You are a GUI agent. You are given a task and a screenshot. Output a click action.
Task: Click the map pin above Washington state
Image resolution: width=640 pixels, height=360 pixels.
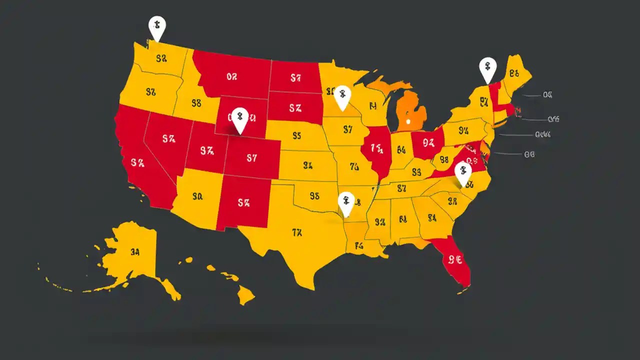pyautogui.click(x=157, y=26)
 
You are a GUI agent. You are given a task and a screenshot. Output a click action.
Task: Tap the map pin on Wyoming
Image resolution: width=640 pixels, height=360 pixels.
pyautogui.click(x=240, y=119)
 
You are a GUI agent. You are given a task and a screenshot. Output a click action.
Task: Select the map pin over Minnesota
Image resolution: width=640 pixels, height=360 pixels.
pyautogui.click(x=342, y=96)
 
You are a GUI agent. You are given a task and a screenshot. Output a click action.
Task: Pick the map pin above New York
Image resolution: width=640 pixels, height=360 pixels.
pyautogui.click(x=487, y=68)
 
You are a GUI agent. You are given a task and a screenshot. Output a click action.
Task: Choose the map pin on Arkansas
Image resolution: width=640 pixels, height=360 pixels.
pyautogui.click(x=346, y=202)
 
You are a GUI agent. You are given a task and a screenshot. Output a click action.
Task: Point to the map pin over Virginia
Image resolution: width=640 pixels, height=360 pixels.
pyautogui.click(x=463, y=172)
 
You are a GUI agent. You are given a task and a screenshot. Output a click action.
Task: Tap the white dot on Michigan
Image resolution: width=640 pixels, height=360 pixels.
pyautogui.click(x=408, y=121)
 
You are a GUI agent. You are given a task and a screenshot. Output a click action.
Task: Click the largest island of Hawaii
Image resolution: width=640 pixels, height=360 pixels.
pyautogui.click(x=245, y=295)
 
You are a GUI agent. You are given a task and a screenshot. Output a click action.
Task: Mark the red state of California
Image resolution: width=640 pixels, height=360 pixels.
pyautogui.click(x=140, y=165)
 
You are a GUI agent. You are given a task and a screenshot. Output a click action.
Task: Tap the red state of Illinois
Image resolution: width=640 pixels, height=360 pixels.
pyautogui.click(x=377, y=150)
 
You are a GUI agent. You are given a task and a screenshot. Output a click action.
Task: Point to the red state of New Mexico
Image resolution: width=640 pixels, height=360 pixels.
pyautogui.click(x=243, y=202)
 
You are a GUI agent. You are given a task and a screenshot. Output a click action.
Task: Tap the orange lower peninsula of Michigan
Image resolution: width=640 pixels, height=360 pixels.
pyautogui.click(x=411, y=112)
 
